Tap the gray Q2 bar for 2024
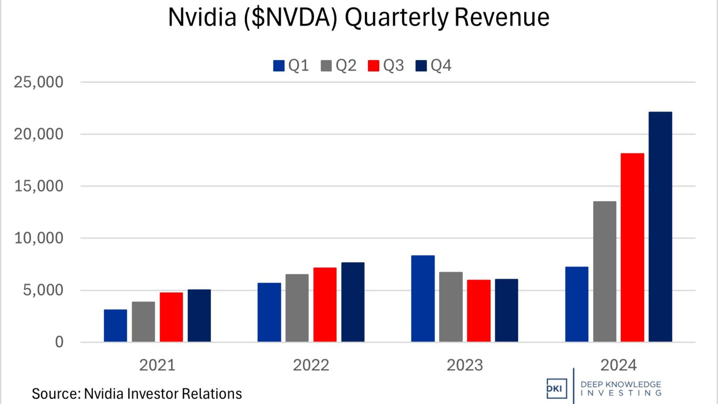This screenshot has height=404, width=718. pyautogui.click(x=604, y=272)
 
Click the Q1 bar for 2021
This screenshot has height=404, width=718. pyautogui.click(x=115, y=325)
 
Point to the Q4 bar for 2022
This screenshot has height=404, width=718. pyautogui.click(x=353, y=302)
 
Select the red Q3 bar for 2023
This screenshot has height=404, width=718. pyautogui.click(x=479, y=310)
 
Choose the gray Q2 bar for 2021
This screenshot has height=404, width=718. pyautogui.click(x=143, y=322)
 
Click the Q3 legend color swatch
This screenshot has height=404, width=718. pyautogui.click(x=374, y=66)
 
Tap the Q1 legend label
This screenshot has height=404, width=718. pyautogui.click(x=298, y=66)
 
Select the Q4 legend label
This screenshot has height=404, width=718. pyautogui.click(x=441, y=66)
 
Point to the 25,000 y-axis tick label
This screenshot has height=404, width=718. pyautogui.click(x=39, y=82)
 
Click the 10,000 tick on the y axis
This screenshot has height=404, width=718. pyautogui.click(x=39, y=238)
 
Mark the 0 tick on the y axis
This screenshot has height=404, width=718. pyautogui.click(x=59, y=342)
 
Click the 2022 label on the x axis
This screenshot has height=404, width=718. pyautogui.click(x=311, y=365)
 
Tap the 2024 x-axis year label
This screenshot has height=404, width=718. pyautogui.click(x=619, y=365)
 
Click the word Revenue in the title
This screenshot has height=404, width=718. pyautogui.click(x=502, y=17)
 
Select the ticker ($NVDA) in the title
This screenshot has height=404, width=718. pyautogui.click(x=291, y=17)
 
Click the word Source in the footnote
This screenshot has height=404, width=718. pyautogui.click(x=55, y=394)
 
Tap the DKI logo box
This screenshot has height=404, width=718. pyautogui.click(x=556, y=389)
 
